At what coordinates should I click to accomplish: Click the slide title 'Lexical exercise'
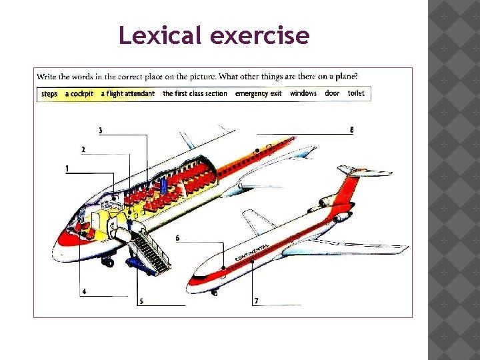[x=213, y=35]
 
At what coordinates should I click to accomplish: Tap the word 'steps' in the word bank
[x=49, y=94]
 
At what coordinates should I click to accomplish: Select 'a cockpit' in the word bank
[x=80, y=94]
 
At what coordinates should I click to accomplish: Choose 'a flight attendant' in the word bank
[x=128, y=94]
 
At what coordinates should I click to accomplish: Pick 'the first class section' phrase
[x=195, y=94]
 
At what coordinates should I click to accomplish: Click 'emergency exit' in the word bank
[x=258, y=94]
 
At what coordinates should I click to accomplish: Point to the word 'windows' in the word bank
[x=303, y=94]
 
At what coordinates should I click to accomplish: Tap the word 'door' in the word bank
[x=332, y=94]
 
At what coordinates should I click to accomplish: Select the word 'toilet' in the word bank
[x=356, y=94]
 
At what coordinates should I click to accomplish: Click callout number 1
[x=67, y=169]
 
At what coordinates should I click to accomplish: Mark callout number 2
[x=83, y=149]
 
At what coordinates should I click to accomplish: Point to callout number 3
[x=100, y=131]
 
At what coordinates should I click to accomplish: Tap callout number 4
[x=83, y=291]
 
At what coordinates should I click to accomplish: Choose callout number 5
[x=141, y=301]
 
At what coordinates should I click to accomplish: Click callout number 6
[x=177, y=238]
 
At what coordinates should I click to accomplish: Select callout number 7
[x=256, y=301]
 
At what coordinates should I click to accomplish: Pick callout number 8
[x=351, y=130]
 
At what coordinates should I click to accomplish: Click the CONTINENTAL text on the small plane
[x=253, y=253]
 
